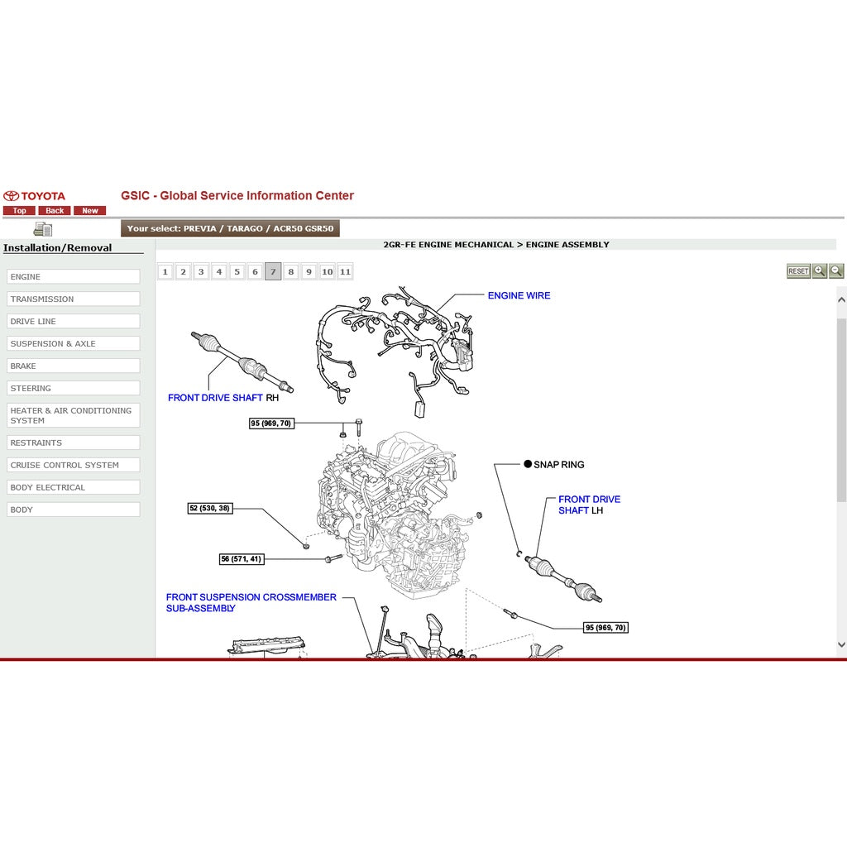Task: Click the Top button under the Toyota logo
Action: coord(19,211)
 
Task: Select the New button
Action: coord(89,211)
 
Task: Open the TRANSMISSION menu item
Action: coord(74,299)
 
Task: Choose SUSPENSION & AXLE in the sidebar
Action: coord(74,343)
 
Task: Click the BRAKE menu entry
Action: coord(74,366)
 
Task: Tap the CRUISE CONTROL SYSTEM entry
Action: coord(74,465)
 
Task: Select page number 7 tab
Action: coord(273,271)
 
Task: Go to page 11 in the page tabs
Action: coord(345,271)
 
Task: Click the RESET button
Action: coord(798,271)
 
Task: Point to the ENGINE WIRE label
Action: coord(519,295)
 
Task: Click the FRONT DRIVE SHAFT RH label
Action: coord(223,398)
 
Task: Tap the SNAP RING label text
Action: coord(558,465)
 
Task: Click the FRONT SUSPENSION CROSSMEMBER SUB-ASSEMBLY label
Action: coord(251,602)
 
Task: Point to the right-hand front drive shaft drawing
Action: coord(242,361)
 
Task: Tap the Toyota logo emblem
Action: coord(12,196)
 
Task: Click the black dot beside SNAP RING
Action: coord(528,464)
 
